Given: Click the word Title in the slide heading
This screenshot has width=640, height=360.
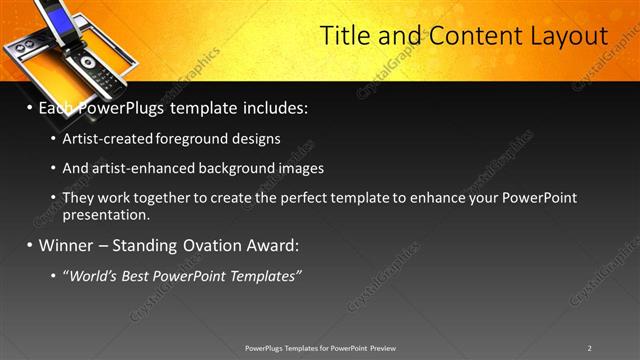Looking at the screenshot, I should (345, 36).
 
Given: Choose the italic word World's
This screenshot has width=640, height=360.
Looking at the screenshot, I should (93, 275).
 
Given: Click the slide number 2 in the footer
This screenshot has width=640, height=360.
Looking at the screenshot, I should (589, 347).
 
